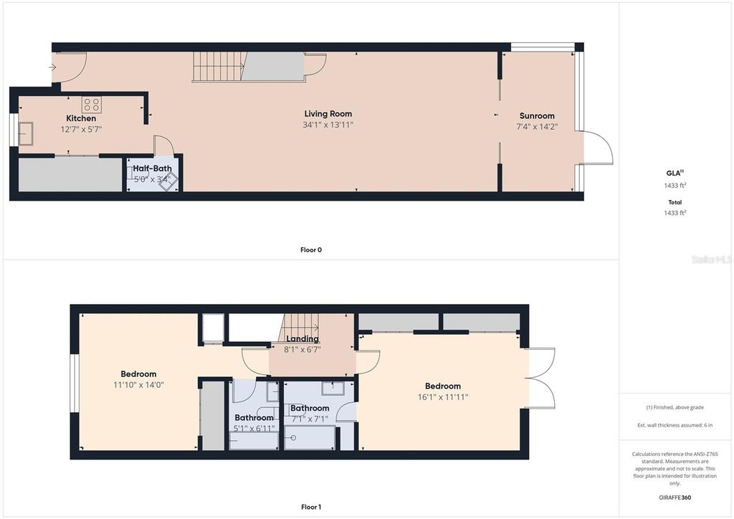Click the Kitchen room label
click(x=81, y=118)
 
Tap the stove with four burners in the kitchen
click(x=91, y=104)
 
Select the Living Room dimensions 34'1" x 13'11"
click(x=328, y=125)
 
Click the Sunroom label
click(x=537, y=115)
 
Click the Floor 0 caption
click(x=311, y=250)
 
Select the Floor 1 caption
click(x=311, y=508)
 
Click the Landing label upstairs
click(x=302, y=339)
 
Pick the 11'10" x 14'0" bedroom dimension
click(x=138, y=385)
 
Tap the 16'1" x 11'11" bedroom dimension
click(x=442, y=397)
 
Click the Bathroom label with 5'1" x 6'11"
click(x=254, y=418)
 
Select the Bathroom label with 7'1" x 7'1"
click(x=310, y=409)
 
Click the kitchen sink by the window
click(x=26, y=133)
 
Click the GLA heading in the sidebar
click(x=673, y=173)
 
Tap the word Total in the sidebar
click(x=675, y=202)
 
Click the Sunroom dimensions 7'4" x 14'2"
click(x=537, y=127)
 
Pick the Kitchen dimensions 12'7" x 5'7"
click(x=81, y=130)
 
